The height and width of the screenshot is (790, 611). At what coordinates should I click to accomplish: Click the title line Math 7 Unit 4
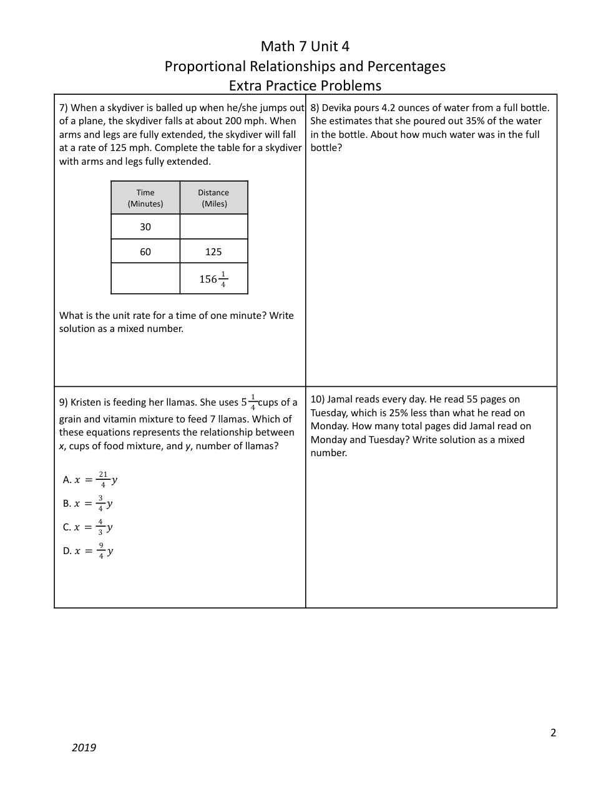[x=305, y=46]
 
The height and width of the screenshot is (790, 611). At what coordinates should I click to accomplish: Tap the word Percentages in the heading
[x=406, y=66]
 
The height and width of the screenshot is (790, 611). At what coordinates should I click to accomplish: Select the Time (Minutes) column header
[x=145, y=198]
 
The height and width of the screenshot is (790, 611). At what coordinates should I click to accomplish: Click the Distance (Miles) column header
[x=213, y=198]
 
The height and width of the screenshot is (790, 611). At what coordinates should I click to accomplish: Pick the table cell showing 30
[x=145, y=227]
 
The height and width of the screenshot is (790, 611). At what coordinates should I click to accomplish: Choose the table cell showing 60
[x=145, y=251]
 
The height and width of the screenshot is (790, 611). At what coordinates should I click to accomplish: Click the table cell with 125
[x=213, y=251]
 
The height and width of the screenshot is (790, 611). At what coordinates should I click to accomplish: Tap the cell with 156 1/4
[x=213, y=279]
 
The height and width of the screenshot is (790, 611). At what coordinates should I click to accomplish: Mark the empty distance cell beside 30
[x=213, y=227]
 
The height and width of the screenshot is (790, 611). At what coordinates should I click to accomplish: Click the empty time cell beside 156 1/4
[x=145, y=279]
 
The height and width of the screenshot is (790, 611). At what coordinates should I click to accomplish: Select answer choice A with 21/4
[x=90, y=480]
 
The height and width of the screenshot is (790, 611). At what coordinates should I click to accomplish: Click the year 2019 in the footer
[x=84, y=748]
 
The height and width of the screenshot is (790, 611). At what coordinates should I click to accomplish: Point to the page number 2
[x=553, y=733]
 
